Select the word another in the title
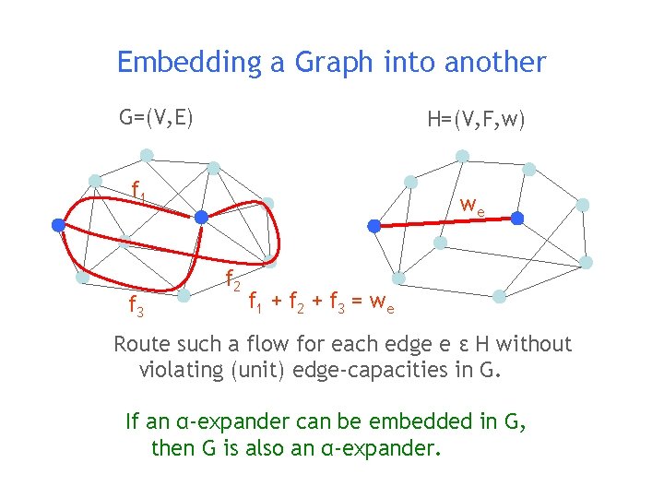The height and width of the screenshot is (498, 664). (x=495, y=63)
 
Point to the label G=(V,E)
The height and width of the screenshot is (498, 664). (x=156, y=117)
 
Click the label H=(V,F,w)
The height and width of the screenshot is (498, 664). (x=476, y=120)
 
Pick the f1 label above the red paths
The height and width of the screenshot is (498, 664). (x=138, y=191)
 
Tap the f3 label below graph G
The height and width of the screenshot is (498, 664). (x=135, y=305)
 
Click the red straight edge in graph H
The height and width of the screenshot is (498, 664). (x=445, y=222)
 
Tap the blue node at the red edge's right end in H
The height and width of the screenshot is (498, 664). (x=517, y=219)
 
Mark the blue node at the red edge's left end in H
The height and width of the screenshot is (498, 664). (x=373, y=225)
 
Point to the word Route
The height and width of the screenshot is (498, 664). (x=142, y=345)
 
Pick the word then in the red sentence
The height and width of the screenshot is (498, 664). (x=171, y=449)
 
